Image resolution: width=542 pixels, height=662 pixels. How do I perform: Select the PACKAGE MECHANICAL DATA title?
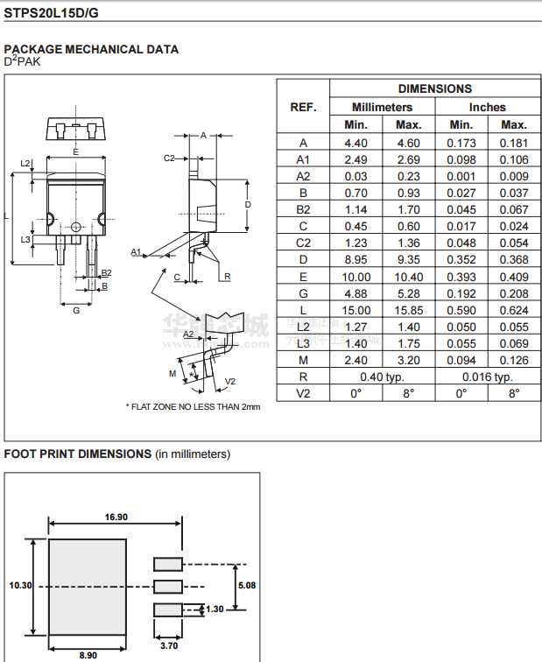pos(92,49)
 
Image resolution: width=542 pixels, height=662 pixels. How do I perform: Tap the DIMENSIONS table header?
pos(435,88)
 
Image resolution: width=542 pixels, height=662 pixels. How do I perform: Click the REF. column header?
pos(303,107)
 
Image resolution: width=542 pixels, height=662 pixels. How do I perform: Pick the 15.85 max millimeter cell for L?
pos(409,310)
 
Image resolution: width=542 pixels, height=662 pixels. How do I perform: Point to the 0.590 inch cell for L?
pos(461,310)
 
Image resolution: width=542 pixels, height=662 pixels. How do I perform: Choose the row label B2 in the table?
pos(303,209)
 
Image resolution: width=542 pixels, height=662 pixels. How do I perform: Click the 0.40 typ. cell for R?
pos(383,377)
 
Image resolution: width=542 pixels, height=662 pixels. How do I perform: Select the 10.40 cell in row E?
pos(409,277)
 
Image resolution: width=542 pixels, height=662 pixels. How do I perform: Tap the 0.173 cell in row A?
pos(461,143)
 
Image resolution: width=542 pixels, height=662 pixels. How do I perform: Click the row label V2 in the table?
pos(303,393)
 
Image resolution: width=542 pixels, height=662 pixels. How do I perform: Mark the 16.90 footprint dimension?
pos(116,518)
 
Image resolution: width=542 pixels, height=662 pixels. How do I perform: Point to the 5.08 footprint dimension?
pos(246,585)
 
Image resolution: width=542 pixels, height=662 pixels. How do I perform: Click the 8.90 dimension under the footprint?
pos(88,654)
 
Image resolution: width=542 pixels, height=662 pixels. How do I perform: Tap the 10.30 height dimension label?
pos(20,585)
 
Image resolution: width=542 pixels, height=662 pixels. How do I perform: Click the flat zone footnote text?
pos(194,406)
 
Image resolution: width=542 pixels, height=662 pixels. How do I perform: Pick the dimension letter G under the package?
pos(76,310)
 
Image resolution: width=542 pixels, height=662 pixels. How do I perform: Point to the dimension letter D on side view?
pos(248,204)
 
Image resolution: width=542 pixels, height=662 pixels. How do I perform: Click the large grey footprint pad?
pos(88,588)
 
